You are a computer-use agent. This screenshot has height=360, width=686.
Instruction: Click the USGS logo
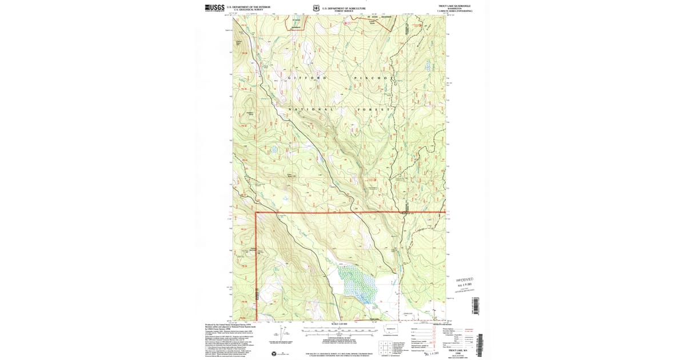[x=214, y=7]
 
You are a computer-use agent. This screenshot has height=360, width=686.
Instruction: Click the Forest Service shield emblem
[x=316, y=8]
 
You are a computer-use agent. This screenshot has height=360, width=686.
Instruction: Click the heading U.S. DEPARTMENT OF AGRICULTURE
[x=344, y=8]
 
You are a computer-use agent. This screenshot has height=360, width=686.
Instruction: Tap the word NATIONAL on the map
[x=311, y=109]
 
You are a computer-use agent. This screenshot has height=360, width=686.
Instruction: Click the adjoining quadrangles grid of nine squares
[x=384, y=347]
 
